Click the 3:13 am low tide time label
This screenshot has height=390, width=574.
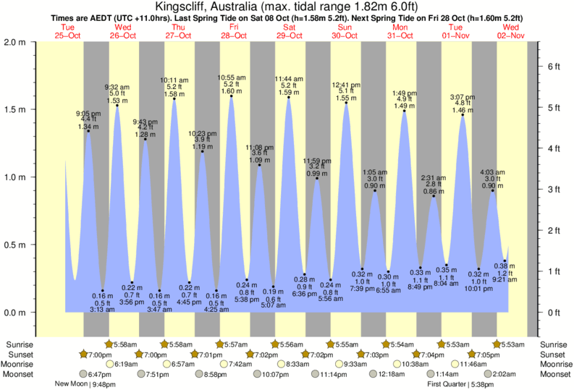pyautogui.click(x=103, y=310)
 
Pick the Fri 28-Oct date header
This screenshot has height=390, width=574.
pyautogui.click(x=235, y=31)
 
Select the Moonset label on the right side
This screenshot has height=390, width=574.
pyautogui.click(x=554, y=374)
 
